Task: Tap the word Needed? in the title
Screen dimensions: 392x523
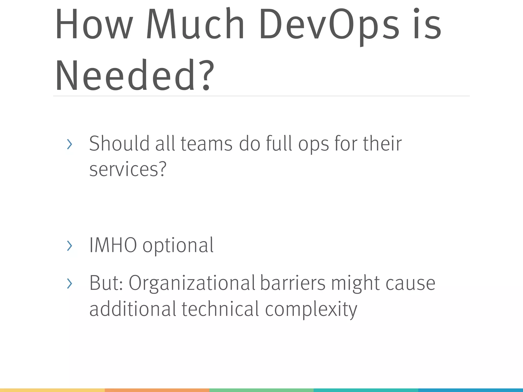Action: tap(134, 75)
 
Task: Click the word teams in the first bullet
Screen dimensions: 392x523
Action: tap(207, 143)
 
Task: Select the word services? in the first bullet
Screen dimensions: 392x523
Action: tap(128, 169)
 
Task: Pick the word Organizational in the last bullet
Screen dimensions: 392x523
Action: tap(192, 283)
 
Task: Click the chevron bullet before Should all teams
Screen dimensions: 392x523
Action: tap(69, 144)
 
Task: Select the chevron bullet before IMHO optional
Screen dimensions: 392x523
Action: tap(69, 246)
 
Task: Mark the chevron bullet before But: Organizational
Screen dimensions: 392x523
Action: tap(69, 284)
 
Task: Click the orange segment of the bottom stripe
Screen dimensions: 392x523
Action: tap(157, 390)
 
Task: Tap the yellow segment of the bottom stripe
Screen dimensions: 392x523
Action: tap(52, 390)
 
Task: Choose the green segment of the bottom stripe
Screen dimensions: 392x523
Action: tap(261, 390)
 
